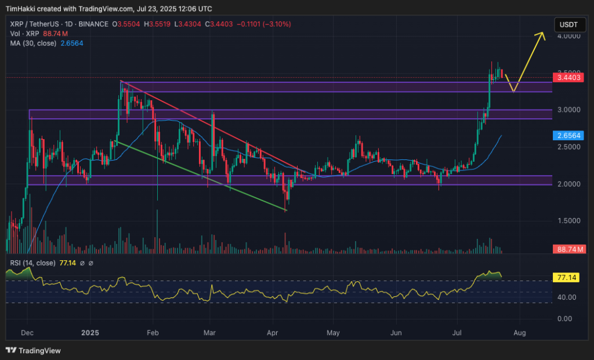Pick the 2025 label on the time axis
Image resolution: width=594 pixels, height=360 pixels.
90,333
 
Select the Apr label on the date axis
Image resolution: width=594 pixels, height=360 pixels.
273,333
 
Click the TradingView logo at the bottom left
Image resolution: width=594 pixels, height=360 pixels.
33,350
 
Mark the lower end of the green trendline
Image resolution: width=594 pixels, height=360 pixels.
287,210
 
